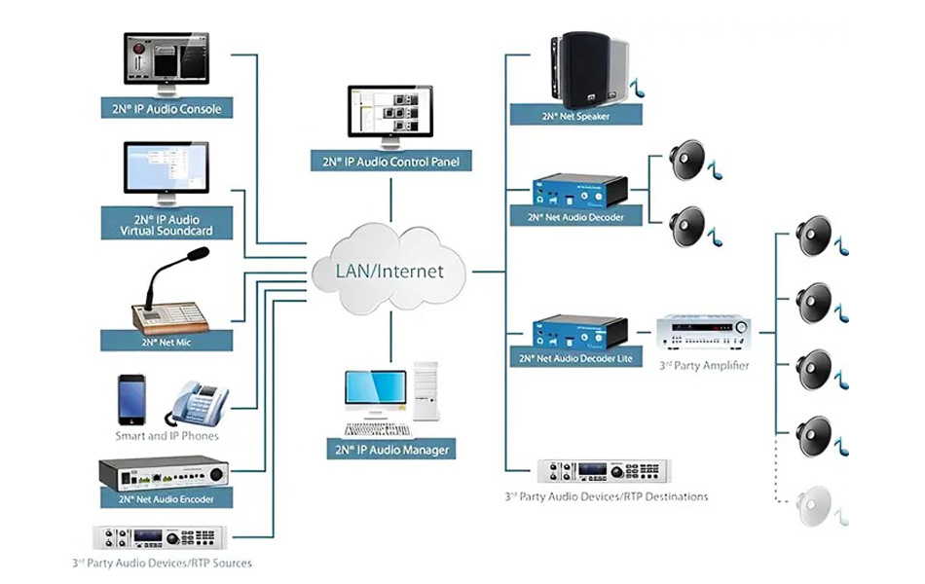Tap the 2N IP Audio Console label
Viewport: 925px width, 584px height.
(x=166, y=109)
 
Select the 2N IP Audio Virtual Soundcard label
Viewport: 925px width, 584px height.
(x=166, y=226)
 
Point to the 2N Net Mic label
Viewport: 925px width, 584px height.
(x=166, y=342)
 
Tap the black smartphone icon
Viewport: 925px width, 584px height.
(x=131, y=398)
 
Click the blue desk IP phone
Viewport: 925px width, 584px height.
(x=198, y=403)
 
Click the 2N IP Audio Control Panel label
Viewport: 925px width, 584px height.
(x=390, y=162)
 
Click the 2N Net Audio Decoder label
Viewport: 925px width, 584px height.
(x=575, y=217)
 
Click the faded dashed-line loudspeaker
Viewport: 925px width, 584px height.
(x=815, y=504)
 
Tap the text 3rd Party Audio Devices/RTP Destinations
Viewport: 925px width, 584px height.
(x=606, y=496)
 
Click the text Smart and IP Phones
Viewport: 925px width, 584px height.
(x=167, y=436)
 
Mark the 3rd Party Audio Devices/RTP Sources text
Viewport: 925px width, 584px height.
(x=162, y=563)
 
